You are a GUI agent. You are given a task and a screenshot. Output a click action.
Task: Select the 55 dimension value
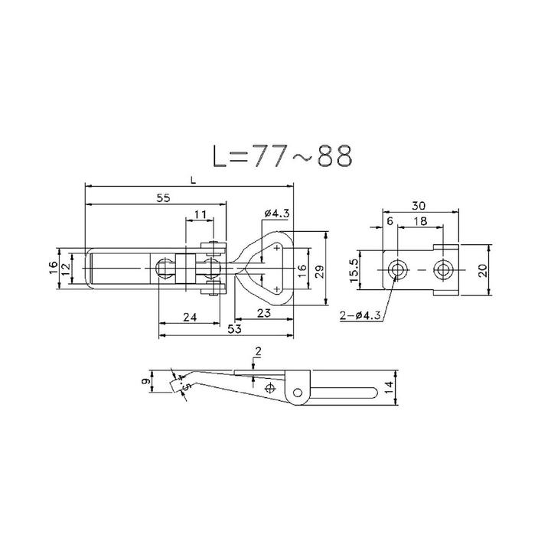[163, 197]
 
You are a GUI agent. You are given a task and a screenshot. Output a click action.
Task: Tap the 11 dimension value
[199, 214]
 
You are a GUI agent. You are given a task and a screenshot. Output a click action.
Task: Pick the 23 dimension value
[264, 314]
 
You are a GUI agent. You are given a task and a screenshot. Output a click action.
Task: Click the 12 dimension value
[66, 269]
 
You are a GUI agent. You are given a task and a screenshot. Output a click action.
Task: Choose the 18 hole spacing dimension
[420, 220]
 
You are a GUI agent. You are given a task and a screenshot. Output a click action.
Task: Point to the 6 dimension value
[390, 220]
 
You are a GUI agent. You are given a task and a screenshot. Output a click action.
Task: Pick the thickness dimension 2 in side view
[258, 351]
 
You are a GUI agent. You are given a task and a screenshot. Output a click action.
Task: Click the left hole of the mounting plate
[397, 270]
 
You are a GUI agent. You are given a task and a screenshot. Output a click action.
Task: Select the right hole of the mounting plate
[443, 270]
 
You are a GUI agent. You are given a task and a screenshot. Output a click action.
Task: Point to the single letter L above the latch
[194, 181]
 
